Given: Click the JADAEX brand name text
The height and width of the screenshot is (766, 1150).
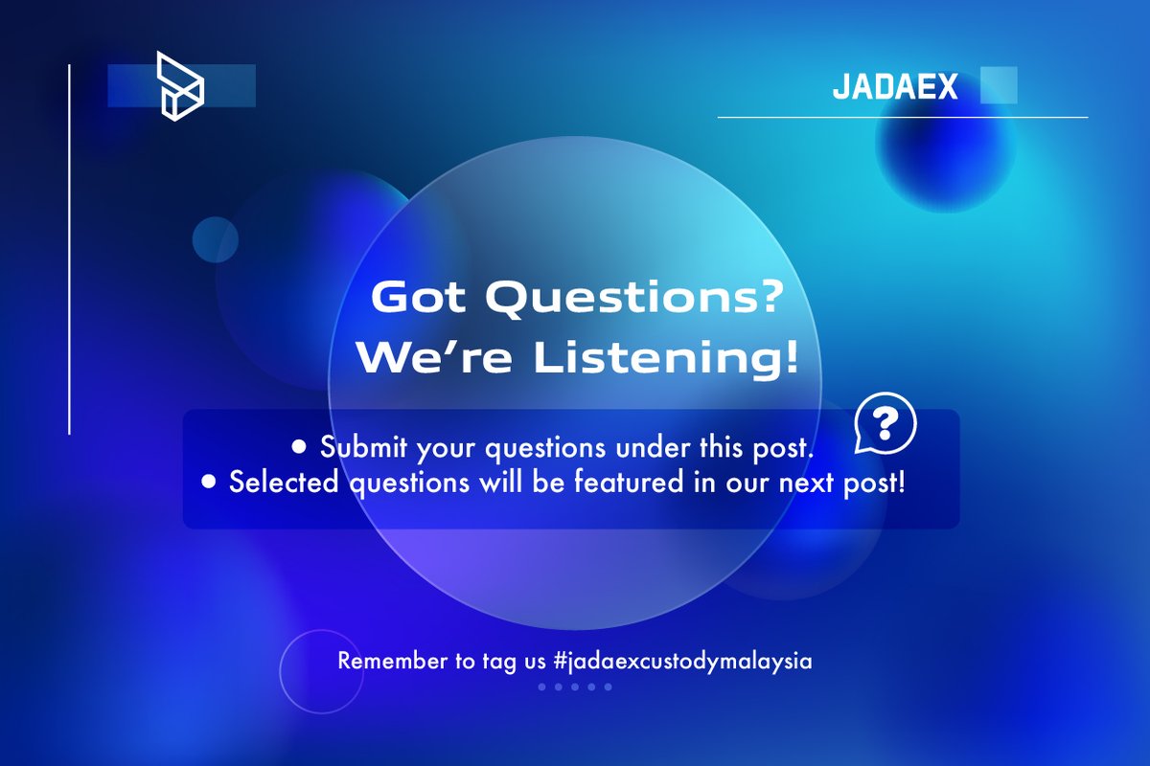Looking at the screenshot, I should click(x=895, y=87).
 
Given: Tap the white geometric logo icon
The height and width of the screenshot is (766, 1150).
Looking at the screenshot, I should click(x=181, y=87).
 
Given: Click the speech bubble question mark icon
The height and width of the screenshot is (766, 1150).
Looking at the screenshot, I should click(x=885, y=422).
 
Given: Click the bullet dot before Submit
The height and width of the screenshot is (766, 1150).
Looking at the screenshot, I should click(x=299, y=447).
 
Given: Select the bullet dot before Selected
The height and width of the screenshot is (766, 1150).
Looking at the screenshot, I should click(x=209, y=483).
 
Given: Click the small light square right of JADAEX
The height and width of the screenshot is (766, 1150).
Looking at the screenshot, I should click(x=999, y=85).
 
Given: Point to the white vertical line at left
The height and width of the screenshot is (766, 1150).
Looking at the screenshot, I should click(x=70, y=249).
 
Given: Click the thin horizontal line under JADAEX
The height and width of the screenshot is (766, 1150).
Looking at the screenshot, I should click(x=902, y=118).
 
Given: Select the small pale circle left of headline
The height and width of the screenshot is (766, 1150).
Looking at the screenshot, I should click(x=215, y=239).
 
